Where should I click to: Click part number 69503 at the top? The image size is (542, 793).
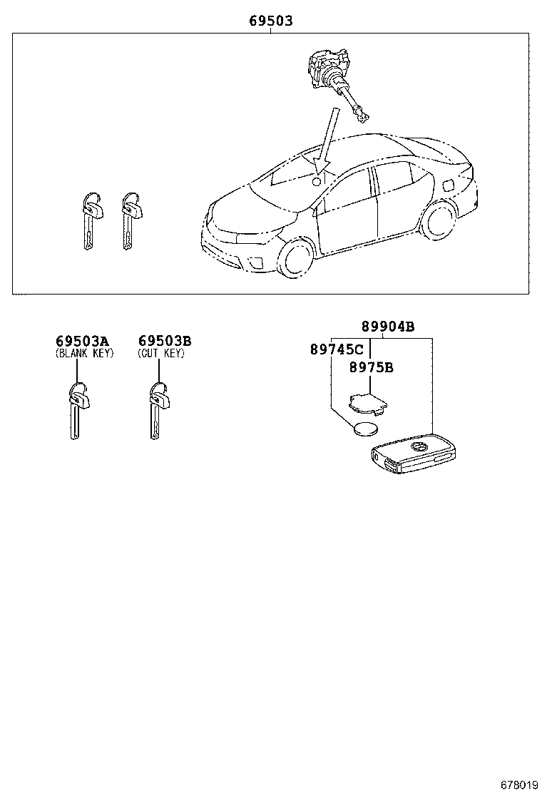pyautogui.click(x=270, y=21)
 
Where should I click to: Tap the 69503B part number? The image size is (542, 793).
pyautogui.click(x=165, y=342)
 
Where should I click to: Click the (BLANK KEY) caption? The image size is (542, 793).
pyautogui.click(x=84, y=354)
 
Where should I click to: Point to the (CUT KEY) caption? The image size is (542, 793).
pyautogui.click(x=161, y=354)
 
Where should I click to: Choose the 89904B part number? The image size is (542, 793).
pyautogui.click(x=387, y=327)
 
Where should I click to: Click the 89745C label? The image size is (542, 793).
pyautogui.click(x=337, y=349)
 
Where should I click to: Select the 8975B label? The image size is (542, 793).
pyautogui.click(x=371, y=367)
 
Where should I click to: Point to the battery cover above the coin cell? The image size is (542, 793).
pyautogui.click(x=365, y=403)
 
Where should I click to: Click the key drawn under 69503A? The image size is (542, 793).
pyautogui.click(x=77, y=410)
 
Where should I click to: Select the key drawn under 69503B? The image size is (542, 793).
pyautogui.click(x=157, y=410)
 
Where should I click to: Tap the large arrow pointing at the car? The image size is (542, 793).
pyautogui.click(x=324, y=139)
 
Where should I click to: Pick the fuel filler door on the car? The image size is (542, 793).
pyautogui.click(x=449, y=186)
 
